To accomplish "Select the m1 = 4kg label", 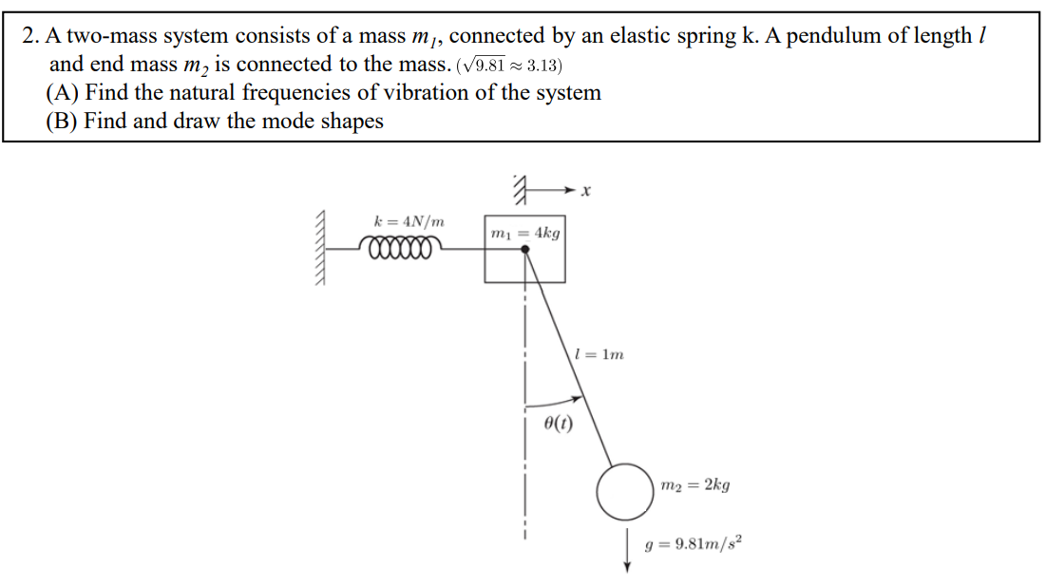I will point(524,233).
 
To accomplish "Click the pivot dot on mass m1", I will point(524,249).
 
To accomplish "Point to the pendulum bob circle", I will point(624,491).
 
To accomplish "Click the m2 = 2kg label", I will point(694,485).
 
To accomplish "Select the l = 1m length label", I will point(600,355).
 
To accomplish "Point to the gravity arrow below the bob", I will point(627,552).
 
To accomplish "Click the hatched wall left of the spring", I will point(324,249).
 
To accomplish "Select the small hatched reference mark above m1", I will point(519,190).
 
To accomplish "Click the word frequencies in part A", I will point(304,93).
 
